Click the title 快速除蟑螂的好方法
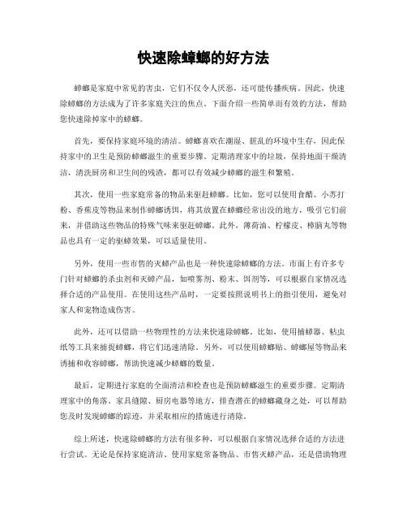point(203,59)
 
